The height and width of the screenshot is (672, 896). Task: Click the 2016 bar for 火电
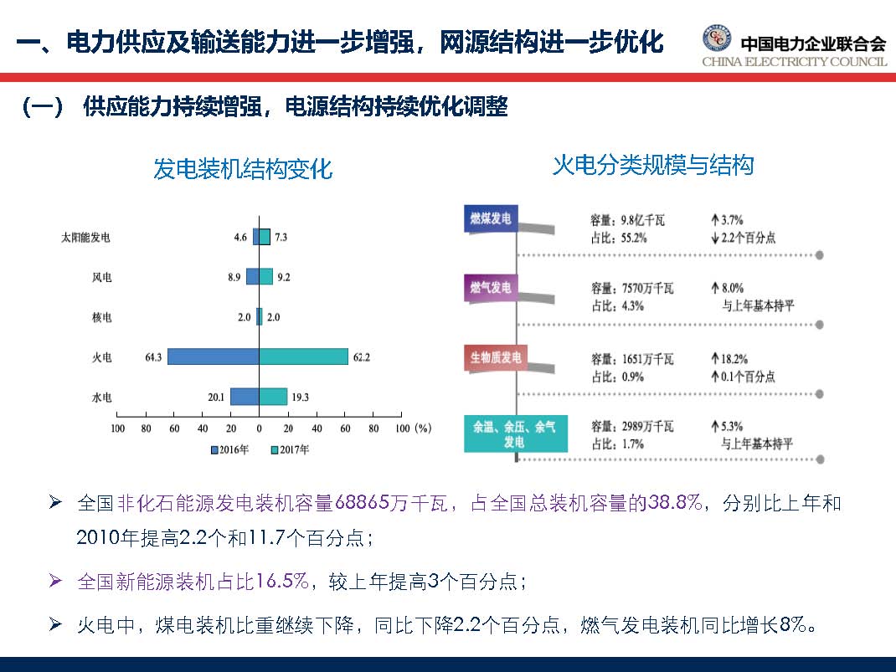214,357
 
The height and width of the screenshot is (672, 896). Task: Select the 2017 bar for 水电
273,397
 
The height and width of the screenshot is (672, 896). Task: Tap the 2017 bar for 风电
265,276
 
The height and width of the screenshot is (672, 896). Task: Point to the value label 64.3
152,357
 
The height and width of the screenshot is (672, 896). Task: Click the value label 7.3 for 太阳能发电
281,238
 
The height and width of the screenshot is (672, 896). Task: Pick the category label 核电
102,317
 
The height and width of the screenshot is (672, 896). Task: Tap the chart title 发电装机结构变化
243,170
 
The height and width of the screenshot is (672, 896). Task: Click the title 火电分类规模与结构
653,165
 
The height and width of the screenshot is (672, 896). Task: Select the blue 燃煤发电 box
491,219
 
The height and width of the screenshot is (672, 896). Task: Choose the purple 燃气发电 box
491,288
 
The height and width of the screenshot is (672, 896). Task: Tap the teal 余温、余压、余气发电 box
514,433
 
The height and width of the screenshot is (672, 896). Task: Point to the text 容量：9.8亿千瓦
628,221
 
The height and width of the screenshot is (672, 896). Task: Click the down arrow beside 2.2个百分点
714,238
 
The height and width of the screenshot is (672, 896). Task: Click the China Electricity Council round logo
717,39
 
